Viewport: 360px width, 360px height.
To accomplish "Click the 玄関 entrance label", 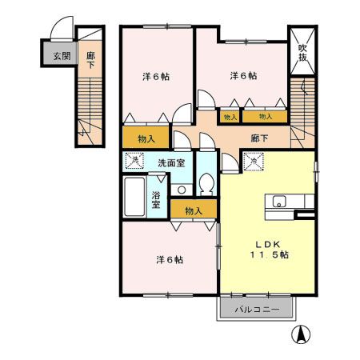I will [x=62, y=56].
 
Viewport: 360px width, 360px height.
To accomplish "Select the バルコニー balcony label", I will [x=256, y=309].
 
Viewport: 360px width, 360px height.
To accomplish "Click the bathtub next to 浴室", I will [x=135, y=196].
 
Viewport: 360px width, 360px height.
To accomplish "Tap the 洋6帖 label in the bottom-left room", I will [x=169, y=259].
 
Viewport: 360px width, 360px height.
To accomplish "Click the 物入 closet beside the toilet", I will [x=194, y=210].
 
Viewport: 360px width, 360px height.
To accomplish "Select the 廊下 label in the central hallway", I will [x=259, y=137].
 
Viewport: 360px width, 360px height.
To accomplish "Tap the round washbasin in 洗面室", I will [x=182, y=190].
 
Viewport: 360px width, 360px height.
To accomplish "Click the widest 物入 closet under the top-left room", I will [x=146, y=137].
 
